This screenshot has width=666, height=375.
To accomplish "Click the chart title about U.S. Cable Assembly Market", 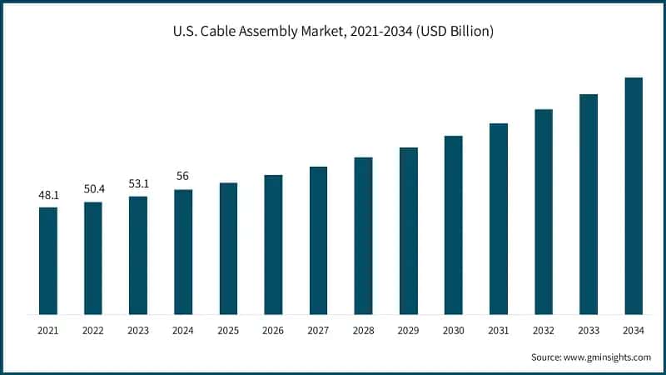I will pos(333,32).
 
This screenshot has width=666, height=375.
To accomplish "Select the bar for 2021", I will pos(48,260).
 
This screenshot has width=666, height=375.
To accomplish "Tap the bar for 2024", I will pos(183,252).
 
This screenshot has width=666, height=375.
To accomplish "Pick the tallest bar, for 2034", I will pos(634,196).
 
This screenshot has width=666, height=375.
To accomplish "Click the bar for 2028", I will pos(363,235).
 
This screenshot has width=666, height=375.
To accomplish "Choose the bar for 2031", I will pos(499,218).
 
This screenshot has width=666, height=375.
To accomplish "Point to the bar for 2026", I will pos(273,244).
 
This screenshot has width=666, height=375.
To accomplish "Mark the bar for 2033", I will pos(589,204).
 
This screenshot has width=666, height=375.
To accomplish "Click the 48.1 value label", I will pos(48,195).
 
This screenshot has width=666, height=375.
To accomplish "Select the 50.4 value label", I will pos(93,189).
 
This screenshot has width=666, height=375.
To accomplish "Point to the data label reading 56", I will pos(183,177).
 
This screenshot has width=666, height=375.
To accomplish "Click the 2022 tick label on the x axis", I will pos(93,331).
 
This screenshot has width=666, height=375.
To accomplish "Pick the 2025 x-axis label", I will pos(228,331).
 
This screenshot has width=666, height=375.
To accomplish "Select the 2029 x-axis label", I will pos(408,331).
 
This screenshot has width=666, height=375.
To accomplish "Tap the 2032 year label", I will pos(544,331).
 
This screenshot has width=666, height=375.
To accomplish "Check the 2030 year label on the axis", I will pos(453,331).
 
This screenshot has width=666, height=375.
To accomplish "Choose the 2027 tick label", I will pos(318,331).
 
